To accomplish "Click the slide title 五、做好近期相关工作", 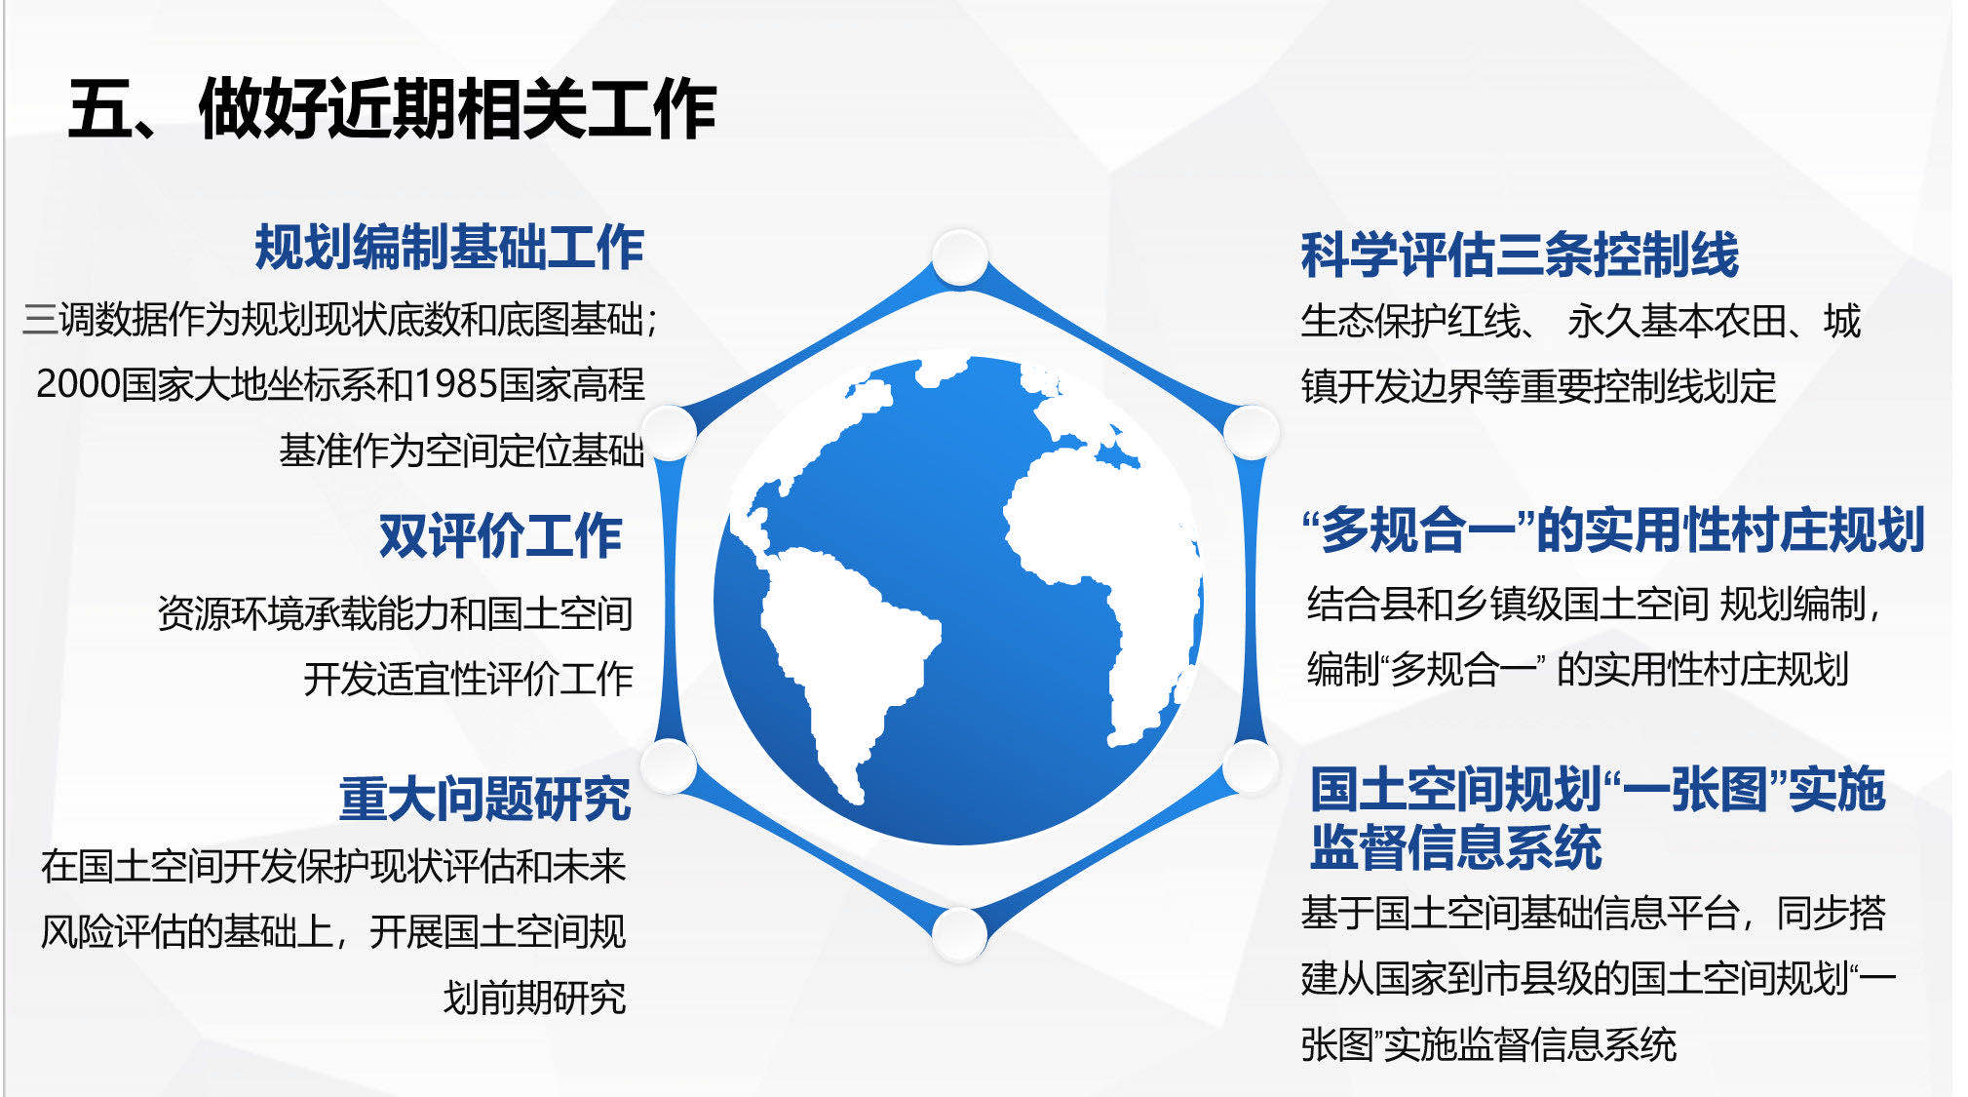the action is click(x=392, y=108).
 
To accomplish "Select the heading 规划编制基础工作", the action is click(x=449, y=248).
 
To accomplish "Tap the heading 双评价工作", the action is click(x=500, y=535).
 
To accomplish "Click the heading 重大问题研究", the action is click(x=484, y=799).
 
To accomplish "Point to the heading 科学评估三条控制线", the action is click(x=1520, y=255).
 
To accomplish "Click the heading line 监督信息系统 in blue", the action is click(x=1455, y=846).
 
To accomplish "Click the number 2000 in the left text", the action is click(x=78, y=384).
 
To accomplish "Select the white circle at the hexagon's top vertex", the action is click(x=960, y=257).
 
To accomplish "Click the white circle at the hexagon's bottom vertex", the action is click(x=960, y=934).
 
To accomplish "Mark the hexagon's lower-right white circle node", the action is click(x=1251, y=766).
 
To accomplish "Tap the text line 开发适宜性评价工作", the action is click(x=468, y=679).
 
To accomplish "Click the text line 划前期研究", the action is click(x=534, y=998).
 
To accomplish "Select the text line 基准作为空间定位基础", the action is click(x=461, y=451).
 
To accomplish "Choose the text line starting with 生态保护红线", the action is click(x=1580, y=321).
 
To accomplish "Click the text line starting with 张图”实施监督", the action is click(x=1488, y=1044).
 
